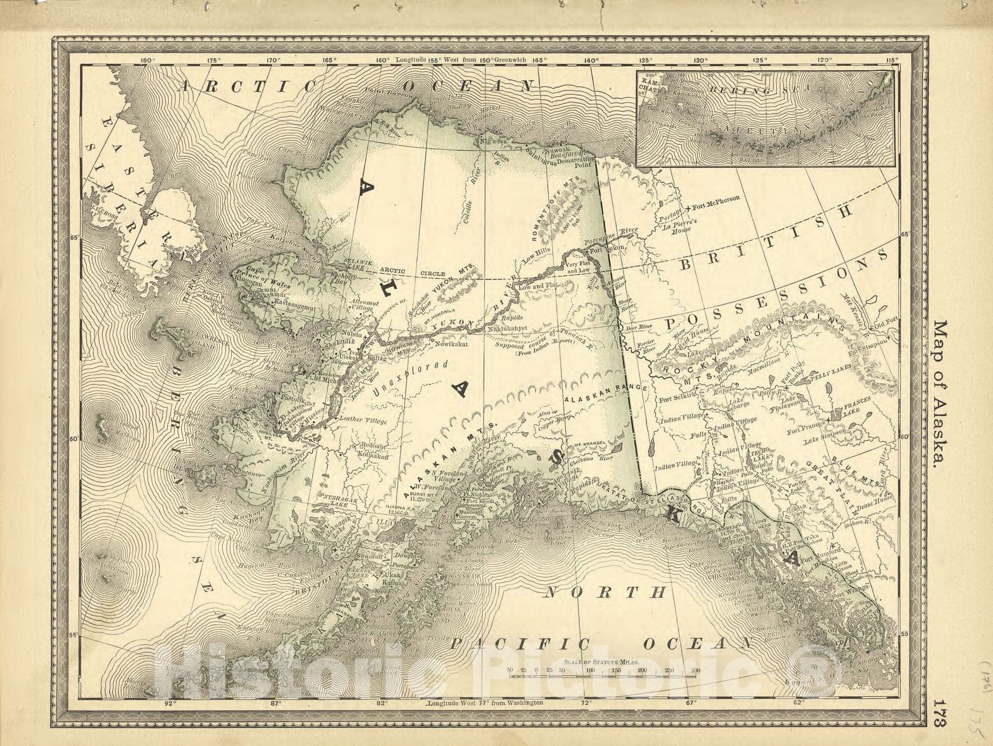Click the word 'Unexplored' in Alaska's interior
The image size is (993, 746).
[x=411, y=379]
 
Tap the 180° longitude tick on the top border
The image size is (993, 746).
[x=147, y=60]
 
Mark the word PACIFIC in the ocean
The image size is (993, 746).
[x=521, y=643]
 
